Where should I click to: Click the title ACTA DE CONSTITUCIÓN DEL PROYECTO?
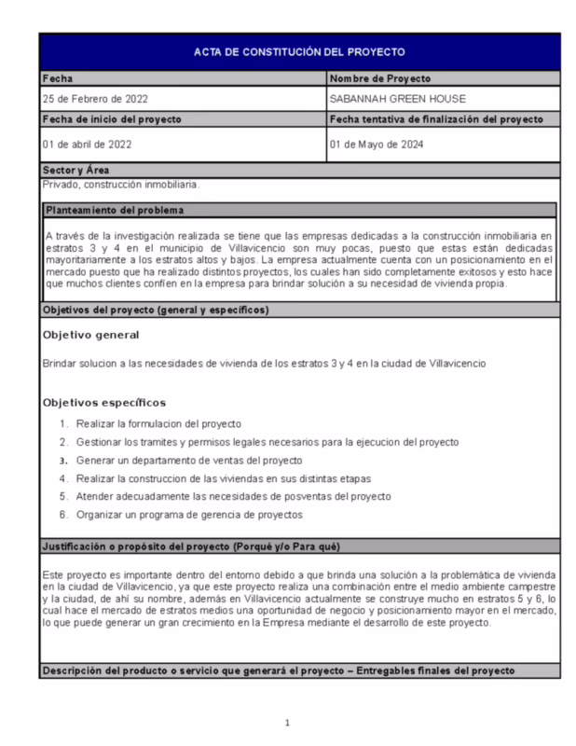299,52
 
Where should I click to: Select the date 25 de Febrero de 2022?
96,99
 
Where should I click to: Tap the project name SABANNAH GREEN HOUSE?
397,99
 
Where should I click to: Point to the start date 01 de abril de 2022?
89,145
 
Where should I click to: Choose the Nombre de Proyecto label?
379,79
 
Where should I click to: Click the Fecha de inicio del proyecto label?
112,120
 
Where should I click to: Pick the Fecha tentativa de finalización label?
435,120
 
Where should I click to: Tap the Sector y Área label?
76,170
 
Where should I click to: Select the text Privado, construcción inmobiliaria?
121,184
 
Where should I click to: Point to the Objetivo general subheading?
91,335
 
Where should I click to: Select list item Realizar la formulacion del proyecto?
158,423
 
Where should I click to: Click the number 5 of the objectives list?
63,496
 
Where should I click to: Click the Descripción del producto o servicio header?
277,671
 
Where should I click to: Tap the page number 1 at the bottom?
288,723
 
